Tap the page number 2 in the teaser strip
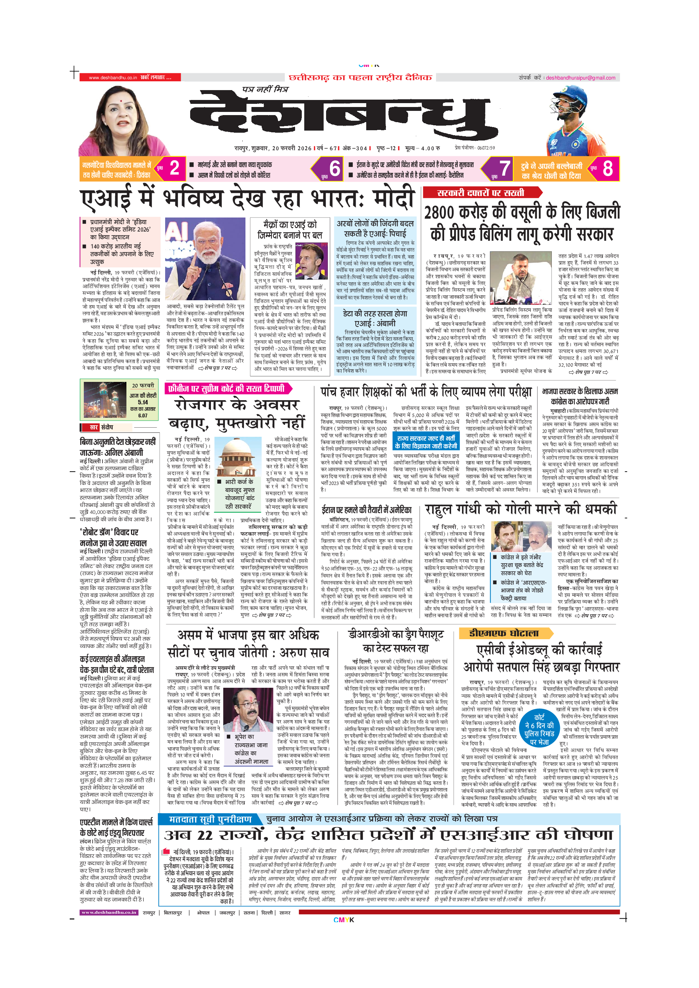[174, 168]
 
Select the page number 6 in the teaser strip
[335, 168]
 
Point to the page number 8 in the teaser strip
[607, 168]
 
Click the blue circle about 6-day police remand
[539, 729]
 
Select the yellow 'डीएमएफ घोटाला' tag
[504, 633]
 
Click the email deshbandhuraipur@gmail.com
[581, 78]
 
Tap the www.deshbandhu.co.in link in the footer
[108, 912]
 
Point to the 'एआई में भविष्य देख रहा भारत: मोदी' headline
[248, 199]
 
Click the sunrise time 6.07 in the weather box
[143, 416]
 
